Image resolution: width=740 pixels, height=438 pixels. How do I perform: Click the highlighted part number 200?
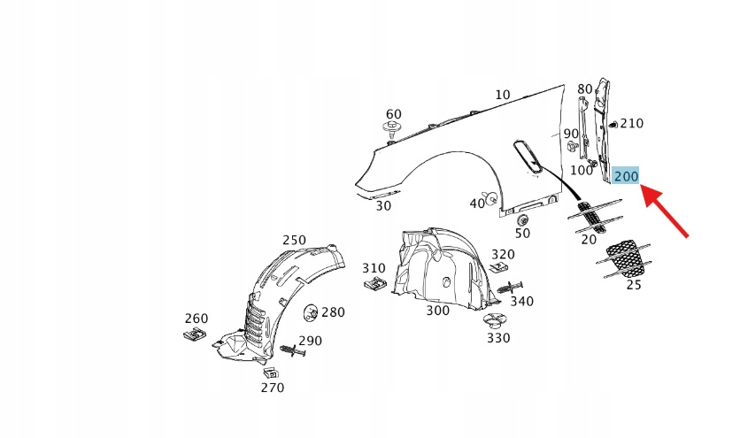[x=626, y=176]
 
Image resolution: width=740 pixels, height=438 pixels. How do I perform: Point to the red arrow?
[x=666, y=211]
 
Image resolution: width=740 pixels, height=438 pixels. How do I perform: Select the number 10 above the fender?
[x=503, y=95]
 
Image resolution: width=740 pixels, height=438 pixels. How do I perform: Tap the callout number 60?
[x=393, y=114]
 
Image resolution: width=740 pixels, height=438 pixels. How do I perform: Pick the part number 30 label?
[x=382, y=205]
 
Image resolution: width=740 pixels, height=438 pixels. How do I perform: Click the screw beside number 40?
[x=489, y=197]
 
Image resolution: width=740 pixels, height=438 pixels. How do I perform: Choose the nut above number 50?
[x=522, y=219]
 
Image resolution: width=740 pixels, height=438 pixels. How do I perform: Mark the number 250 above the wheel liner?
[x=294, y=240]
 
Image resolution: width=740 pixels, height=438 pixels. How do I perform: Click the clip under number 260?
[x=196, y=334]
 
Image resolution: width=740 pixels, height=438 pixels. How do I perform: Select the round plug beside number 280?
[x=312, y=311]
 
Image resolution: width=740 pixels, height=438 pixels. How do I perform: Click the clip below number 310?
[x=374, y=284]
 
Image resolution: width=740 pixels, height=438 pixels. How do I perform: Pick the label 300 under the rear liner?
[x=437, y=311]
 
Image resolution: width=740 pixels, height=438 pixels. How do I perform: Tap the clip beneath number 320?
[x=500, y=267]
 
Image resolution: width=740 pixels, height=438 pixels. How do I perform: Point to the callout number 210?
[x=631, y=123]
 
